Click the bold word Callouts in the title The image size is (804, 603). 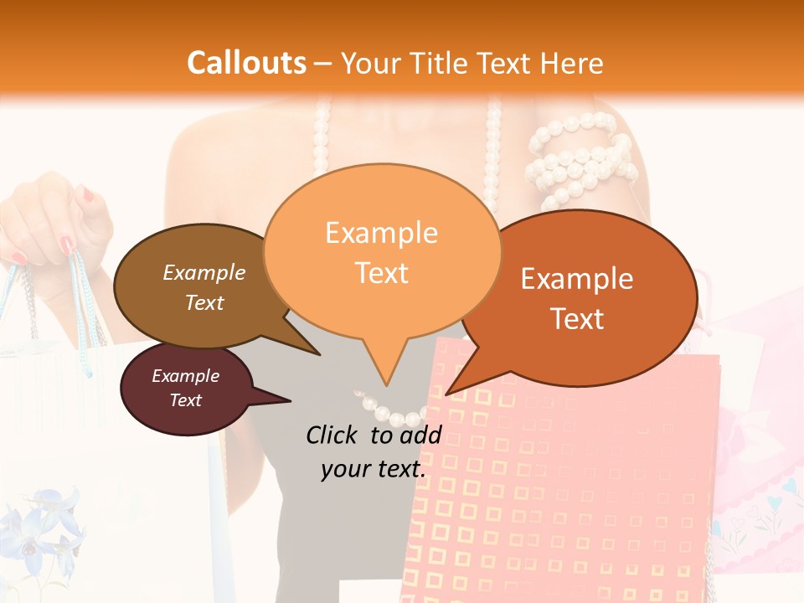[246, 63]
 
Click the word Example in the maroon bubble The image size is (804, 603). [185, 376]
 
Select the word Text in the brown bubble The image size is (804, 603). [204, 302]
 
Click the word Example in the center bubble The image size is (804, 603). [381, 233]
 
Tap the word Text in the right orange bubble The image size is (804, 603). [578, 318]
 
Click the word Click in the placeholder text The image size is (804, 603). [332, 435]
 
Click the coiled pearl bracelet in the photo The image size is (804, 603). [578, 159]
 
